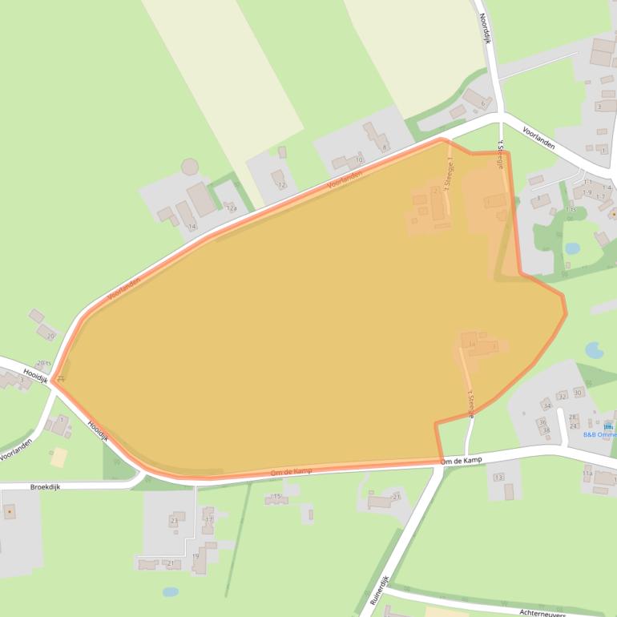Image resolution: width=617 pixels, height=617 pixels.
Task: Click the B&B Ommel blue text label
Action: point(599,435)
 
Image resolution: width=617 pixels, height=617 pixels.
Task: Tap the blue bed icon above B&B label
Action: point(608,425)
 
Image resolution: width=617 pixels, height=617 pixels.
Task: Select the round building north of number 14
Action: point(190,167)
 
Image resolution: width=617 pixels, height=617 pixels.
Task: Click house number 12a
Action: point(231,208)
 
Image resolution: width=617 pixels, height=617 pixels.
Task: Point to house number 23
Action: point(173,521)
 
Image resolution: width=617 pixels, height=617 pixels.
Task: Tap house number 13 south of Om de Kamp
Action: point(498,477)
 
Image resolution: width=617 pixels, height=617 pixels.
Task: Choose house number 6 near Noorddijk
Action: point(482,103)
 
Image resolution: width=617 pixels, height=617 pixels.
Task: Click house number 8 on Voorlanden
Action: point(385,147)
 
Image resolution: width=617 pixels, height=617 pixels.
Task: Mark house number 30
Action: point(578,393)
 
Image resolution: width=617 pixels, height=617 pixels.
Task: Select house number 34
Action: point(547,406)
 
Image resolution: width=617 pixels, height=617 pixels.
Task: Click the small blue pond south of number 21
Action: point(170,592)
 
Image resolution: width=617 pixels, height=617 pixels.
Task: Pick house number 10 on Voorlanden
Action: point(358,160)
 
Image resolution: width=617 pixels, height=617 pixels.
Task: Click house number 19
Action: point(195,556)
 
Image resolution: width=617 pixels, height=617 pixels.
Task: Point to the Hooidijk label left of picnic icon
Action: point(36,373)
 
